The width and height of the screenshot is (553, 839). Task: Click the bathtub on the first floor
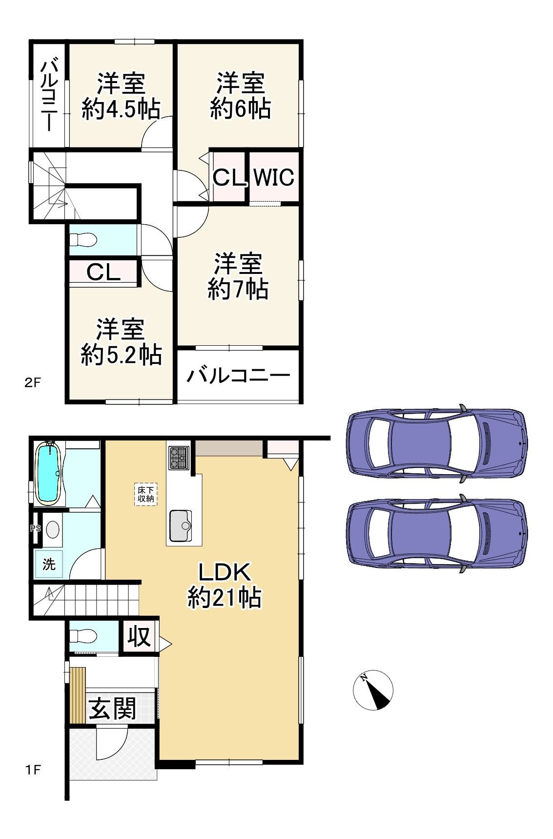click(x=48, y=473)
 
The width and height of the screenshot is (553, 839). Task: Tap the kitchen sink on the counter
click(x=181, y=525)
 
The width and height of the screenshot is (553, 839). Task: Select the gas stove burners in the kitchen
click(x=179, y=458)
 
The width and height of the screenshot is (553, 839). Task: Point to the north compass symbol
click(x=373, y=690)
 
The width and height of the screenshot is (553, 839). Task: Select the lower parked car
click(x=437, y=533)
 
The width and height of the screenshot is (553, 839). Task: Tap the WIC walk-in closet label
click(x=274, y=177)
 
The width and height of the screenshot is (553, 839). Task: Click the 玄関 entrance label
click(x=112, y=708)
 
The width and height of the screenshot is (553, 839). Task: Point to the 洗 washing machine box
click(x=49, y=565)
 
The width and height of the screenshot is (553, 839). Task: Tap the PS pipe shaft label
click(x=35, y=527)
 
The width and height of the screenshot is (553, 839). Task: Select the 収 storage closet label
click(x=139, y=636)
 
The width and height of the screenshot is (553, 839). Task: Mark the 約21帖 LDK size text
click(x=225, y=598)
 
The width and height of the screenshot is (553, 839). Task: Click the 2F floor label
click(x=33, y=383)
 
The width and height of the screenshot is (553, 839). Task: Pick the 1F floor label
click(x=33, y=770)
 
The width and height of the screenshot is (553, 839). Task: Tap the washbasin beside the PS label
click(x=52, y=529)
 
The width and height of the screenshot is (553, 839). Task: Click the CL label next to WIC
click(x=229, y=177)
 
